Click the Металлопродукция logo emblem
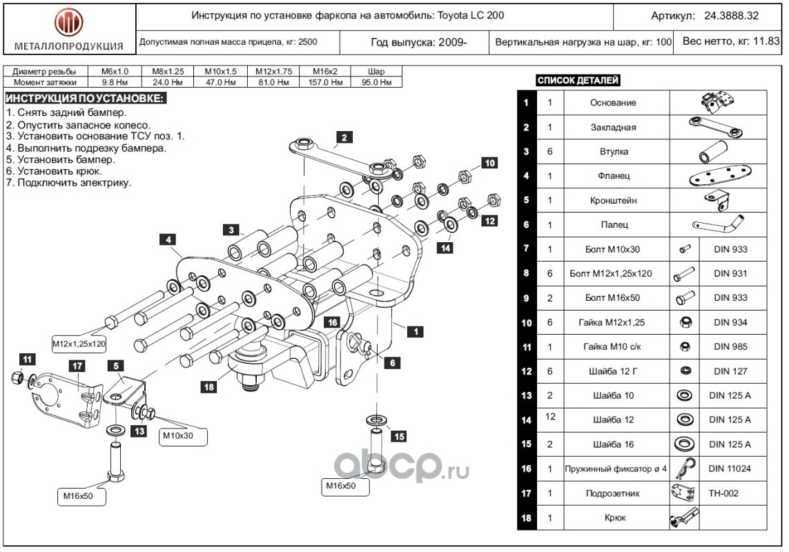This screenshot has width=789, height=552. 68,23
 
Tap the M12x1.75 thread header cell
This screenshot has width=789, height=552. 273,72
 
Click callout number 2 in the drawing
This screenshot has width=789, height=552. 344,137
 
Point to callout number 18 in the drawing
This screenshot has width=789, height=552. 209,386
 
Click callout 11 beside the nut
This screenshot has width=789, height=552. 27,359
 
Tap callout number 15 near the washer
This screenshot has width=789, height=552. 398,436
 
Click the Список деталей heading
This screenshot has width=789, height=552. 578,81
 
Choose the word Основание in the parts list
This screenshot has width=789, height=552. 613,103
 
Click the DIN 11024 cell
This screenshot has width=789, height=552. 730,469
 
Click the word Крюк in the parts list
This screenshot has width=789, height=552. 615,517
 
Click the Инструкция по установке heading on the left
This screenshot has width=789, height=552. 85,99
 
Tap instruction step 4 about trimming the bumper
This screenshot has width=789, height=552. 86,148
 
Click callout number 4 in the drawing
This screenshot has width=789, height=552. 168,240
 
